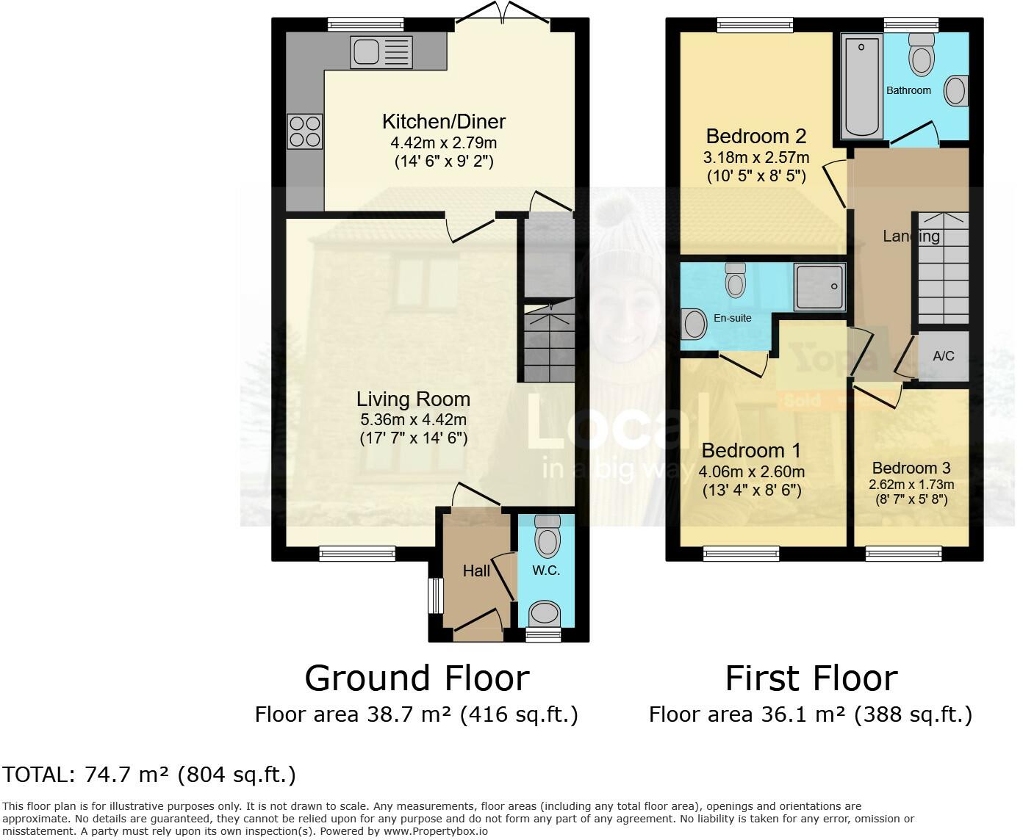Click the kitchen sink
point(382,51)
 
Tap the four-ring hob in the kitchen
point(305,132)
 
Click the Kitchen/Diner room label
point(443,121)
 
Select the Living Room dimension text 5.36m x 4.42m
point(413,420)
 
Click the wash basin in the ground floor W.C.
point(545,613)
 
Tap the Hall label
point(476,571)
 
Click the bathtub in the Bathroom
point(861,87)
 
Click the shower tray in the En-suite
point(819,286)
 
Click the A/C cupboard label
point(943,356)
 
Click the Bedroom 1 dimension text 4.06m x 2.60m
point(751,472)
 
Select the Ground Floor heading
point(417,678)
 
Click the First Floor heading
point(811,678)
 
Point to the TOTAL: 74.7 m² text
point(149,775)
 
